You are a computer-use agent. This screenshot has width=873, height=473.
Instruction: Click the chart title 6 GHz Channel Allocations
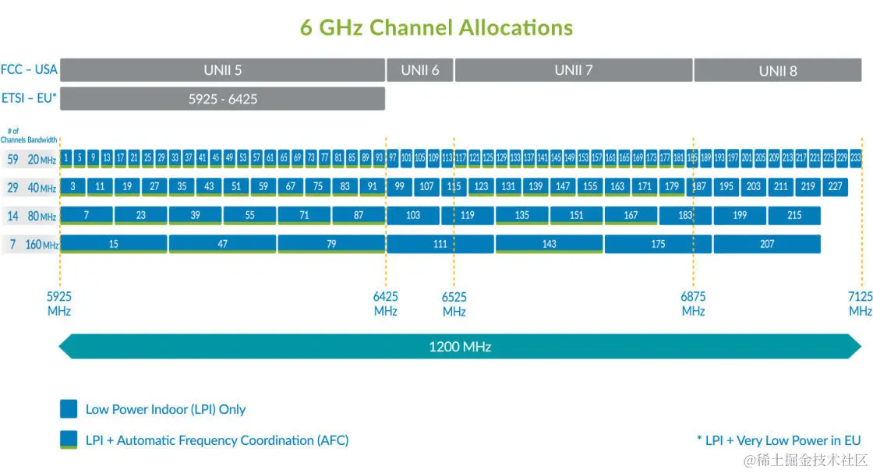click(x=436, y=27)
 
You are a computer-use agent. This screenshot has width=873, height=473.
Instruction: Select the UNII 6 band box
click(x=419, y=70)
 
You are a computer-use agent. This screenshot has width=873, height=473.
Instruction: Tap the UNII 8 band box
click(x=777, y=71)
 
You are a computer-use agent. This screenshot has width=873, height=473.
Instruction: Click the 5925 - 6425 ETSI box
click(x=222, y=99)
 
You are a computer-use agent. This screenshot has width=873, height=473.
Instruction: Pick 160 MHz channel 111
click(x=440, y=244)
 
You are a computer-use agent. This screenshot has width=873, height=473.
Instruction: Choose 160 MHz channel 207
click(x=767, y=244)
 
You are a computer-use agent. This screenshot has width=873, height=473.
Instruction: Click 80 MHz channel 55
click(x=249, y=215)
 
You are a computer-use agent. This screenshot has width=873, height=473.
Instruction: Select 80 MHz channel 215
click(x=794, y=215)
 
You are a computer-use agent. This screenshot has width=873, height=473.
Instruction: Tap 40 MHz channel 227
click(x=835, y=186)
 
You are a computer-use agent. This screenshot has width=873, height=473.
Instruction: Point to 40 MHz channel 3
click(x=72, y=186)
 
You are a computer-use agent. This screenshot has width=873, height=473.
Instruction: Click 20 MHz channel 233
click(x=855, y=157)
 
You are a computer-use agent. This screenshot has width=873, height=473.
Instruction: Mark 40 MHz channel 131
click(x=508, y=186)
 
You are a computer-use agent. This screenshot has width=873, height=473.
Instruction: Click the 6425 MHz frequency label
click(x=385, y=303)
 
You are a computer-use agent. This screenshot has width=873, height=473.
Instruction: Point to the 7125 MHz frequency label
click(x=860, y=303)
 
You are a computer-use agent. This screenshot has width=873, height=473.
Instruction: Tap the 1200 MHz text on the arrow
click(x=460, y=346)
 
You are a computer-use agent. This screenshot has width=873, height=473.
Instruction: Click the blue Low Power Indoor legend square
click(x=69, y=409)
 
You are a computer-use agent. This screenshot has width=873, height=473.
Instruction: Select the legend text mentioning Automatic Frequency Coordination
click(x=217, y=440)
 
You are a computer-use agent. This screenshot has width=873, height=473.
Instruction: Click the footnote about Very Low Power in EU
click(x=778, y=440)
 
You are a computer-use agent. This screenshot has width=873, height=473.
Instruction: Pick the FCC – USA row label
click(x=29, y=69)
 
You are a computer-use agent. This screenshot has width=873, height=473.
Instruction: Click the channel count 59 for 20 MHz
click(x=12, y=159)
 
